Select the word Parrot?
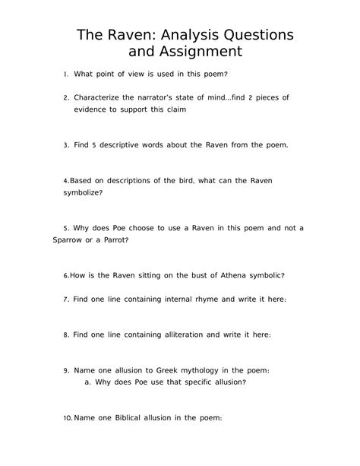pyautogui.click(x=111, y=239)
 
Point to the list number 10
pyautogui.click(x=68, y=417)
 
